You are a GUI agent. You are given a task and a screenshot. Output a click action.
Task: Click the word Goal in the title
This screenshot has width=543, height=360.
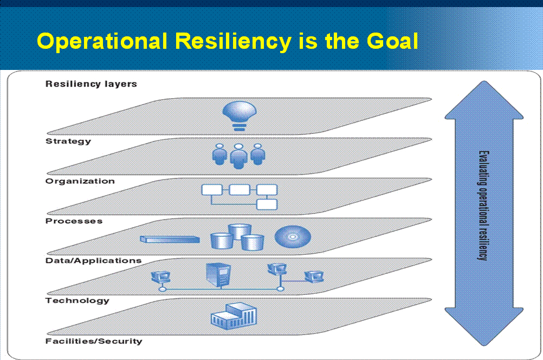[x=392, y=41]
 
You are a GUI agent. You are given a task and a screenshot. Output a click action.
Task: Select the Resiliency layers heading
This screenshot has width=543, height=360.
[x=91, y=84]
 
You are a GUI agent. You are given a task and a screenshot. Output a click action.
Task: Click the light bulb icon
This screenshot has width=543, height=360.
[x=240, y=115]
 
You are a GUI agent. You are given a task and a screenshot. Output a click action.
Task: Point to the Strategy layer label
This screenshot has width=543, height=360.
[x=68, y=141]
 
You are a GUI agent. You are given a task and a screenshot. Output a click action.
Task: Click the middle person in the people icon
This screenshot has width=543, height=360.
[x=238, y=156]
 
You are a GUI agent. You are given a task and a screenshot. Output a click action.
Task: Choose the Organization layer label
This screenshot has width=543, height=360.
[x=80, y=181]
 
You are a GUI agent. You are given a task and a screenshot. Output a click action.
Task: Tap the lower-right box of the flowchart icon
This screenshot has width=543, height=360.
[x=267, y=204]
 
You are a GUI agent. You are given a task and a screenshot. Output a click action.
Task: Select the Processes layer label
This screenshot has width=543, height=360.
[x=74, y=221]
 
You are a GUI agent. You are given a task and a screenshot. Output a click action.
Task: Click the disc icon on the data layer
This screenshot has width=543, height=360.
[x=293, y=236]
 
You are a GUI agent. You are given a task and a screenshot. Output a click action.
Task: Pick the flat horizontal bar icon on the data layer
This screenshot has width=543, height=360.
[x=170, y=240]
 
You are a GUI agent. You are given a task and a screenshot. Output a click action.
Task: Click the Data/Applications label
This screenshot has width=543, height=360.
[x=94, y=261]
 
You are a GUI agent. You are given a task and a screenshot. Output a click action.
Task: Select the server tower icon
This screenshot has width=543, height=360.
[x=218, y=274]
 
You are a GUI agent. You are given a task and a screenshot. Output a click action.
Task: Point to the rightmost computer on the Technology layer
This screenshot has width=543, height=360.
[x=314, y=277]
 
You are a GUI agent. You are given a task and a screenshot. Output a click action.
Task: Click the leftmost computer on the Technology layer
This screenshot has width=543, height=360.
[x=161, y=277]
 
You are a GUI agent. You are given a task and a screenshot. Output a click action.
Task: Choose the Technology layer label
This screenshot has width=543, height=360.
[x=77, y=300]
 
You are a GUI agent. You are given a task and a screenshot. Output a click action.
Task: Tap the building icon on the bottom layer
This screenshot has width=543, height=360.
[x=234, y=316]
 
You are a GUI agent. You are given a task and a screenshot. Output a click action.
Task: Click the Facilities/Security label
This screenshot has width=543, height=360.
[x=94, y=341]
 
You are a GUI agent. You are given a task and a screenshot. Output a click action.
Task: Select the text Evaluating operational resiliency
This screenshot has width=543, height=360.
[x=483, y=205]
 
